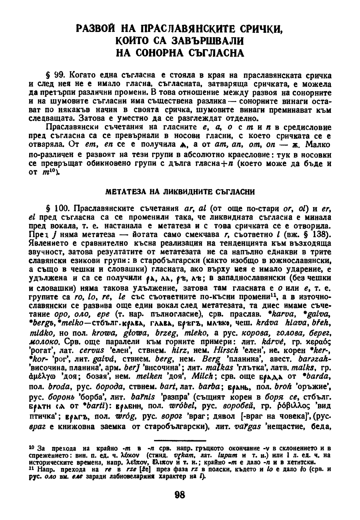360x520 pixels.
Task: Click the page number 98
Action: [x=180, y=495]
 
